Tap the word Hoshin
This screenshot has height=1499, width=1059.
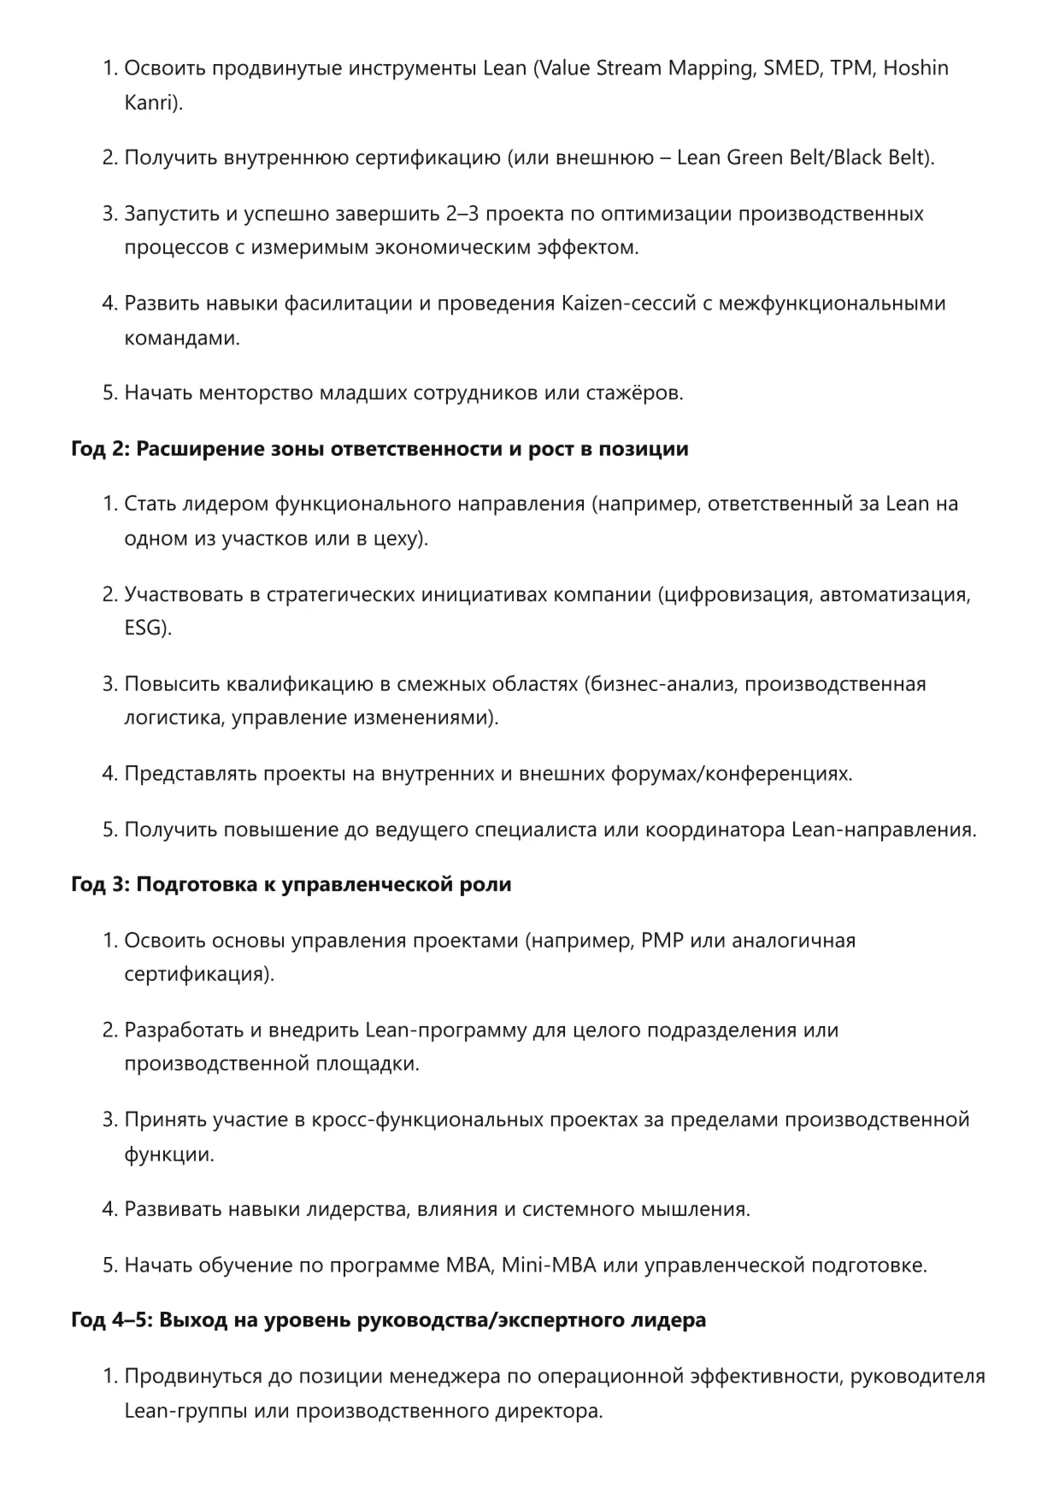pos(915,68)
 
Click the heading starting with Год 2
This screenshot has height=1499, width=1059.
pos(379,449)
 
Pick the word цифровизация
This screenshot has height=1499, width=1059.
pos(736,594)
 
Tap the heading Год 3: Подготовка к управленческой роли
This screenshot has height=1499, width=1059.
pos(291,884)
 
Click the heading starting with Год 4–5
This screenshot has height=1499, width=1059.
pos(388,1320)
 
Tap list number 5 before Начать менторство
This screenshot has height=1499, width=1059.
pos(109,393)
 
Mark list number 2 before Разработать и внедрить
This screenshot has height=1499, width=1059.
pos(109,1030)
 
